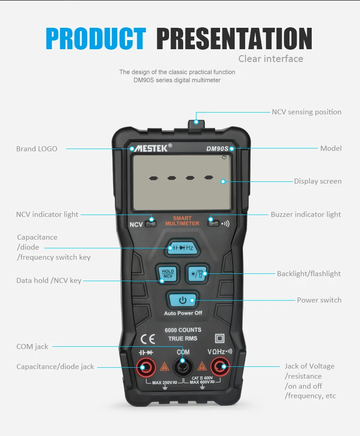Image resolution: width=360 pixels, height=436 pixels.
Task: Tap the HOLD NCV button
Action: click(167, 273)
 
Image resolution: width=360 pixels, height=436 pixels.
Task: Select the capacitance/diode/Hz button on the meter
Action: click(182, 248)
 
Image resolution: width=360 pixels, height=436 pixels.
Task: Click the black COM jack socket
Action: click(183, 366)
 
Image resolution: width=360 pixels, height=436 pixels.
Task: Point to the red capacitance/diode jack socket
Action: click(146, 366)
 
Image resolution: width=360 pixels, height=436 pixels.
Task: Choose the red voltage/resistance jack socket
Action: click(221, 366)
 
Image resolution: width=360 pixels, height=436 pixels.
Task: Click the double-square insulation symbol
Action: click(220, 339)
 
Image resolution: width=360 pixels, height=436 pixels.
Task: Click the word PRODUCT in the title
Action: click(96, 39)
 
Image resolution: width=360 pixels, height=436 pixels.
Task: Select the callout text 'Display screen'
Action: click(318, 181)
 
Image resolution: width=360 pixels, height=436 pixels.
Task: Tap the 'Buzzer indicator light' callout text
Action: click(306, 214)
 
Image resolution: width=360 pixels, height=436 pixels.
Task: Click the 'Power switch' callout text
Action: click(319, 300)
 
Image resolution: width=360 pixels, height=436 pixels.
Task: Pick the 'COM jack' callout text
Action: click(32, 347)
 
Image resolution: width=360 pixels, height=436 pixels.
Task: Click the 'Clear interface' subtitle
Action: click(271, 59)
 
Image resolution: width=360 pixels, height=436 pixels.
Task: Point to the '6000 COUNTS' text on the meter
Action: click(183, 330)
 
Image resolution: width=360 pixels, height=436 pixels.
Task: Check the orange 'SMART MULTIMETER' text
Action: click(182, 221)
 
